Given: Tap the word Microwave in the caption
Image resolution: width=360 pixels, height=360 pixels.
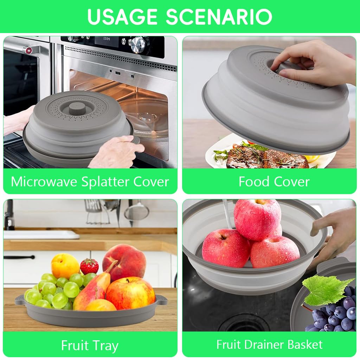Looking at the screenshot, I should point(45,182).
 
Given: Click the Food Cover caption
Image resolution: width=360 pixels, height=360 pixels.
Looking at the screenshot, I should point(274,182).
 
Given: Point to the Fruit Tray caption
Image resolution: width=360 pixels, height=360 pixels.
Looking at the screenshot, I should point(90,346).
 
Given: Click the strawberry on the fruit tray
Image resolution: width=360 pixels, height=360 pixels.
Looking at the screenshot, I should point(89,266).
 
